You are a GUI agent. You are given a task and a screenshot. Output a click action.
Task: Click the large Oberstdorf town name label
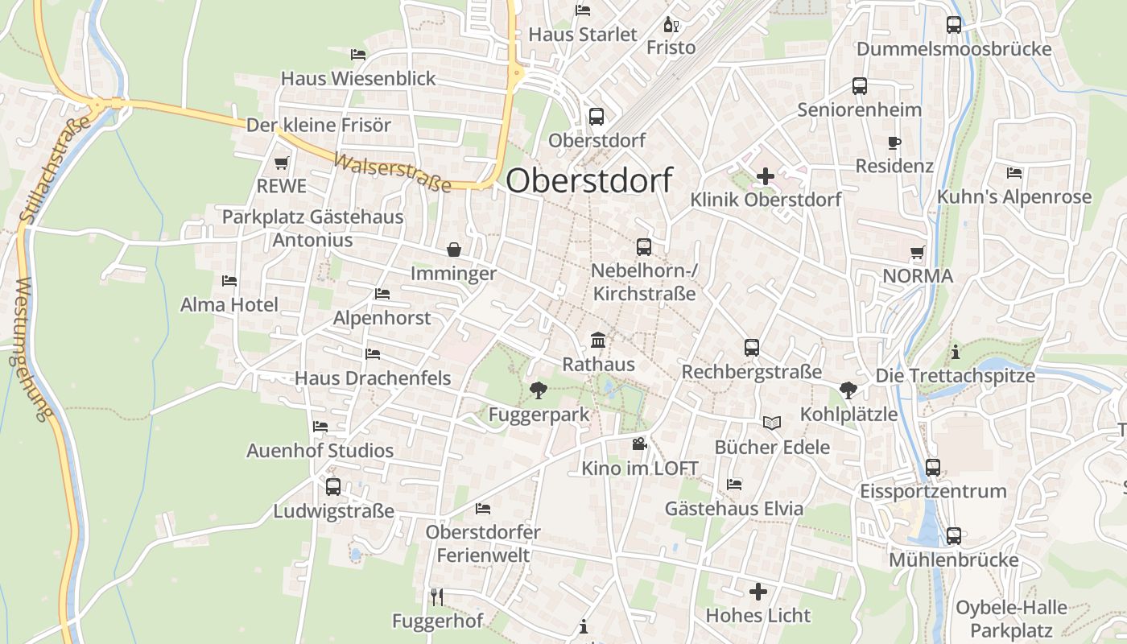pyautogui.click(x=588, y=180)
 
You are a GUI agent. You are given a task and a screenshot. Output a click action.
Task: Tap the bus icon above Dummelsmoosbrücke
pyautogui.click(x=954, y=25)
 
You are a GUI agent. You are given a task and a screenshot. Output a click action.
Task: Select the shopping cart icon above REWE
pyautogui.click(x=281, y=163)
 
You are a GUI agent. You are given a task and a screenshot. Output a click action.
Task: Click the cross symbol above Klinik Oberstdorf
pyautogui.click(x=766, y=175)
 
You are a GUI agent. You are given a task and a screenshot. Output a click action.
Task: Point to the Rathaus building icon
pyautogui.click(x=598, y=341)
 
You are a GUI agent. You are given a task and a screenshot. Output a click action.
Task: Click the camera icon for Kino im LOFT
pyautogui.click(x=639, y=444)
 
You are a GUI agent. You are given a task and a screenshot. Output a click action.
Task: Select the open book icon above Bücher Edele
pyautogui.click(x=771, y=423)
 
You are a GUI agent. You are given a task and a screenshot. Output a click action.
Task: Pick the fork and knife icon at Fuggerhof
pyautogui.click(x=437, y=597)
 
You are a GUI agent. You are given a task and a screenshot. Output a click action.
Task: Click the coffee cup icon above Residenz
pyautogui.click(x=894, y=143)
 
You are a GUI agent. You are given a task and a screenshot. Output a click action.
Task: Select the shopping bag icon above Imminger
pyautogui.click(x=454, y=250)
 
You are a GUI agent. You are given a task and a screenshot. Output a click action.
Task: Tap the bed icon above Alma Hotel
pyautogui.click(x=229, y=281)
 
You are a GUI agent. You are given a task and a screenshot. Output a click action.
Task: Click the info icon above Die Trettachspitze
pyautogui.click(x=956, y=352)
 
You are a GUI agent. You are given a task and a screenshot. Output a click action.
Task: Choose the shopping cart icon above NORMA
pyautogui.click(x=917, y=253)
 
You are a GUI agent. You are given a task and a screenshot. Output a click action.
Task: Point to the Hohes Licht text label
pyautogui.click(x=758, y=616)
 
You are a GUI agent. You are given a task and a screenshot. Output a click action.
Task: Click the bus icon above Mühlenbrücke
pyautogui.click(x=954, y=535)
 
